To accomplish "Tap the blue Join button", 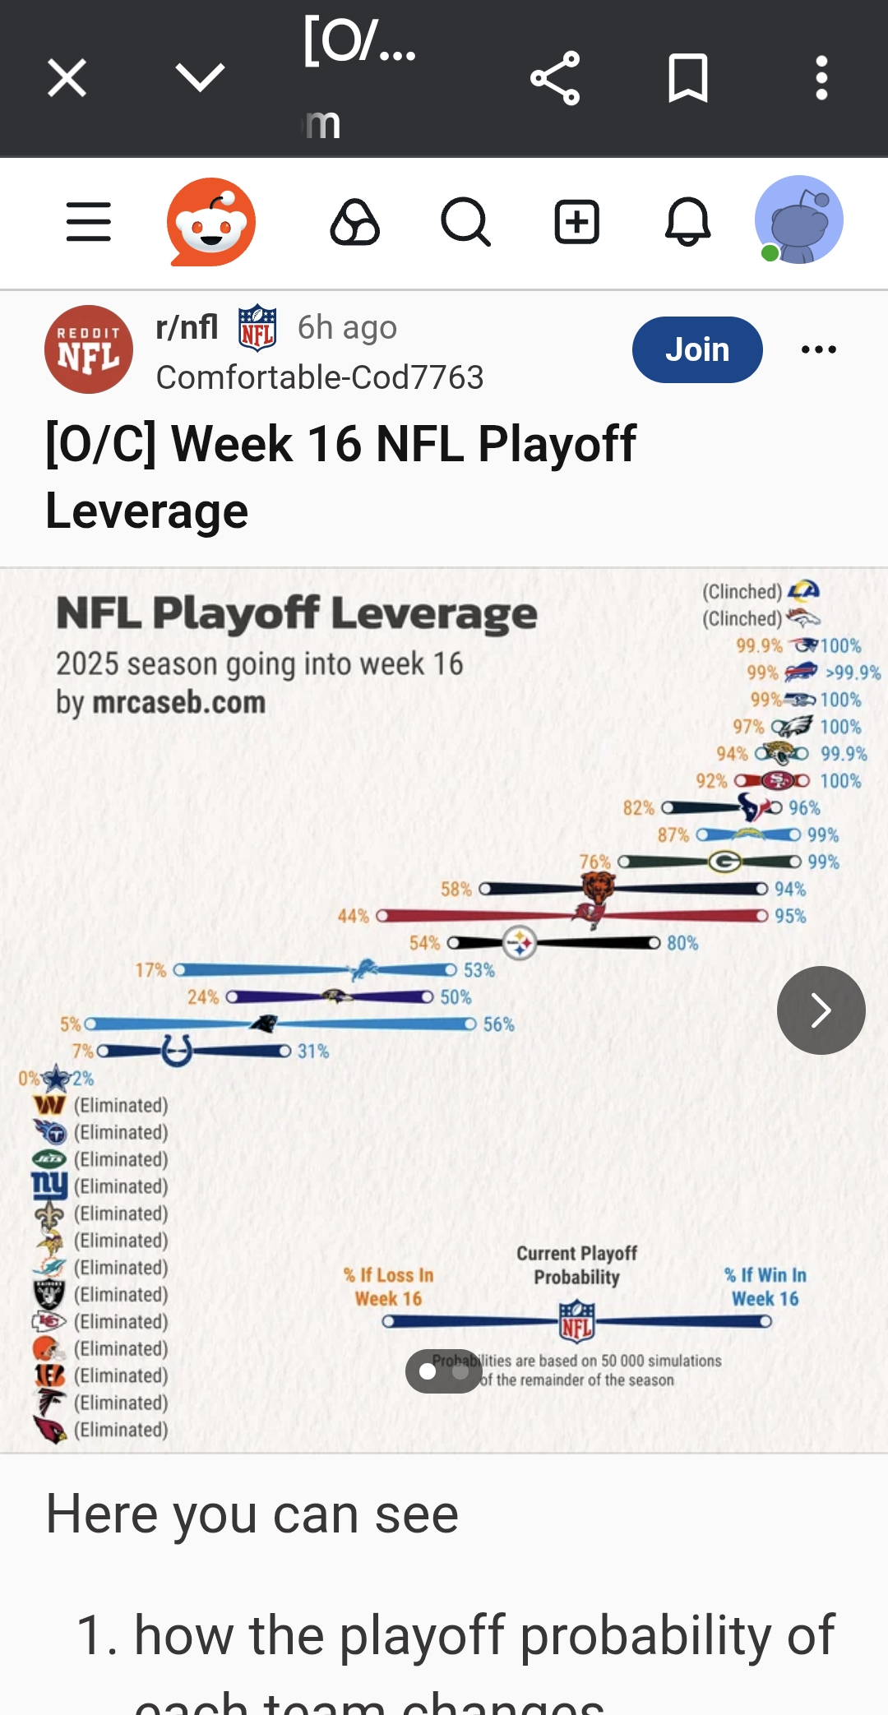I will point(696,349).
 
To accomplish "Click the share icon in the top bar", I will point(555,78).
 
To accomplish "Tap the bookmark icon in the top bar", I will point(688,78).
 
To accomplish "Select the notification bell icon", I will point(687,222).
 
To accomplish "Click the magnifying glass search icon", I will point(466,222).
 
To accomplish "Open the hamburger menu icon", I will point(89,222).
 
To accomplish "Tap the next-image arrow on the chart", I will point(821,1010).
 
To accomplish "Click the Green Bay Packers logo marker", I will point(725,862).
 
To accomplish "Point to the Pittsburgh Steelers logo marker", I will point(520,943).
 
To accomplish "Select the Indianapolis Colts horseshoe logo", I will point(177,1051).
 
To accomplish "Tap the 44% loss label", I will point(354,916).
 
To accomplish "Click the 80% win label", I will point(682,943).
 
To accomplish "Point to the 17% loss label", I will point(151,970).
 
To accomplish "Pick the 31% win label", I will point(313,1052).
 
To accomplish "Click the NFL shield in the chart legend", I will point(576,1320).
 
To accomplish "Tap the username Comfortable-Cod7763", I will point(320,377).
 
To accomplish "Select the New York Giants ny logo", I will point(49,1186).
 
